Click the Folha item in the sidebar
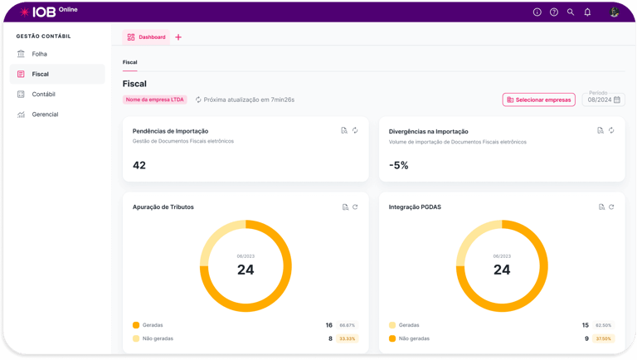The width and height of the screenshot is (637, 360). pyautogui.click(x=39, y=54)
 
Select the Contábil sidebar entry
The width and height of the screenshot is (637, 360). pyautogui.click(x=43, y=95)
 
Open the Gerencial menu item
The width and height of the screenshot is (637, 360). pyautogui.click(x=45, y=114)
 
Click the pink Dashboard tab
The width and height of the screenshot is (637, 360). pyautogui.click(x=146, y=37)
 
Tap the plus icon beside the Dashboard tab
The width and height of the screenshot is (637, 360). pyautogui.click(x=178, y=37)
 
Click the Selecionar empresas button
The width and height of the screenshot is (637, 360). pyautogui.click(x=538, y=100)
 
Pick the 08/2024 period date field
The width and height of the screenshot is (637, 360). pyautogui.click(x=605, y=100)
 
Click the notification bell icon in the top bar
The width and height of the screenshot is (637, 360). pyautogui.click(x=587, y=12)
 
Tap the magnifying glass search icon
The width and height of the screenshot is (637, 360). pyautogui.click(x=571, y=12)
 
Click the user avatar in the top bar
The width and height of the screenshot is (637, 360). pyautogui.click(x=615, y=12)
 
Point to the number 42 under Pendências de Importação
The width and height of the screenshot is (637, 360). pyautogui.click(x=139, y=165)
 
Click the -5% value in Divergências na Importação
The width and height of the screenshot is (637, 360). pyautogui.click(x=399, y=165)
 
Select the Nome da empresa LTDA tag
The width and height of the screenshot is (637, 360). pyautogui.click(x=155, y=100)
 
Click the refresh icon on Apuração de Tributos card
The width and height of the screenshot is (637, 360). pyautogui.click(x=355, y=207)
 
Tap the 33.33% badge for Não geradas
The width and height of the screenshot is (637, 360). pyautogui.click(x=348, y=338)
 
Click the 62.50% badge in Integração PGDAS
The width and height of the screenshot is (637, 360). pyautogui.click(x=604, y=325)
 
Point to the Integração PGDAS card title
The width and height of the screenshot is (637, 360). pyautogui.click(x=415, y=207)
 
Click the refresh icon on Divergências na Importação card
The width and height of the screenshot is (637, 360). pyautogui.click(x=611, y=130)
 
